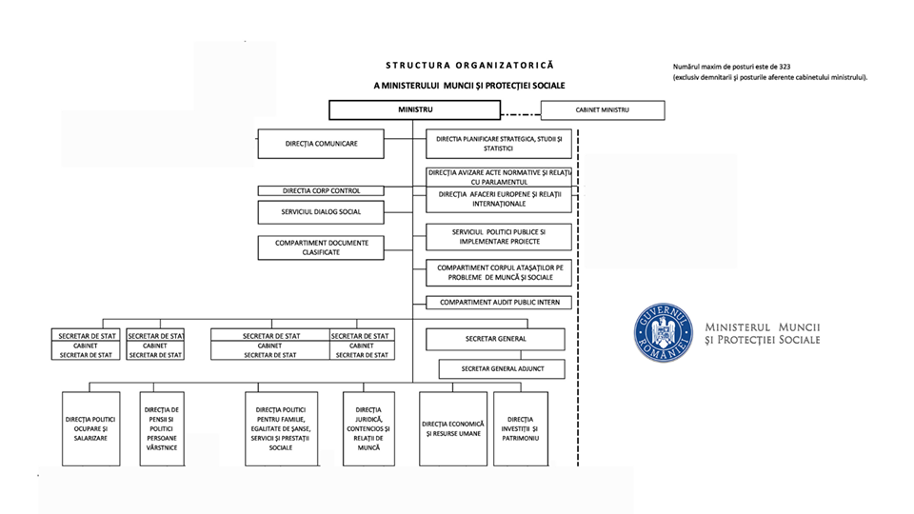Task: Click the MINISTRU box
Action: point(414,109)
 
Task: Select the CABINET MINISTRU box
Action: point(603,110)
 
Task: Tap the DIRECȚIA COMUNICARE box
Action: point(321,144)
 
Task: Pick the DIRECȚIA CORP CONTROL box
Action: point(321,190)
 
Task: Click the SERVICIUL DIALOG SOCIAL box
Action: point(321,212)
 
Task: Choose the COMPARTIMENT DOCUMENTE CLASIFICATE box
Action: point(321,247)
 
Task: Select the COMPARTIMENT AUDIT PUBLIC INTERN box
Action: point(499,303)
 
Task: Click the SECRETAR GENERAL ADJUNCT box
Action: point(502,369)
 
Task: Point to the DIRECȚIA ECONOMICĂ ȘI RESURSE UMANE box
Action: point(453,429)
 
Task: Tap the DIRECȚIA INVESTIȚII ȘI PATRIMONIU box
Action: point(521,429)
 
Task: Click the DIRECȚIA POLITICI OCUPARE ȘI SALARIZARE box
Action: point(91,429)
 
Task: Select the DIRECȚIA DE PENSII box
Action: point(162,429)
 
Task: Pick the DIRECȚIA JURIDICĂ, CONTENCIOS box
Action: point(368,429)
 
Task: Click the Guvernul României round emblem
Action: point(664,333)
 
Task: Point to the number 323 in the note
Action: point(784,67)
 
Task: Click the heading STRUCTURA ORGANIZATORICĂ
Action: point(469,66)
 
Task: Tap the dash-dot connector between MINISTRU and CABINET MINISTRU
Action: point(521,113)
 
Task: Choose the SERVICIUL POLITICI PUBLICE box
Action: point(499,237)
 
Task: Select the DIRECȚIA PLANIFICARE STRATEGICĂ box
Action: point(499,144)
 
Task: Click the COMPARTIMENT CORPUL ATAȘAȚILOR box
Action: point(499,273)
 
